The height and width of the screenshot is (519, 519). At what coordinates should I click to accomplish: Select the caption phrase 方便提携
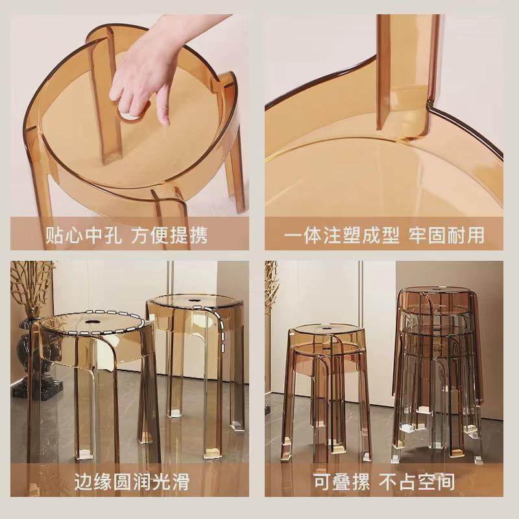(x=170, y=235)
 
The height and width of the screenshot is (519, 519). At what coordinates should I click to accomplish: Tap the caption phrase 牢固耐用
(x=446, y=235)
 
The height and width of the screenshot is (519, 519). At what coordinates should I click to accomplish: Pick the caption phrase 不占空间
(x=418, y=481)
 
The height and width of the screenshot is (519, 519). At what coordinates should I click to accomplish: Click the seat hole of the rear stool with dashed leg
(x=195, y=301)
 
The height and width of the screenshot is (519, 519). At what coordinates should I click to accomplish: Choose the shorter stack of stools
(x=324, y=389)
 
